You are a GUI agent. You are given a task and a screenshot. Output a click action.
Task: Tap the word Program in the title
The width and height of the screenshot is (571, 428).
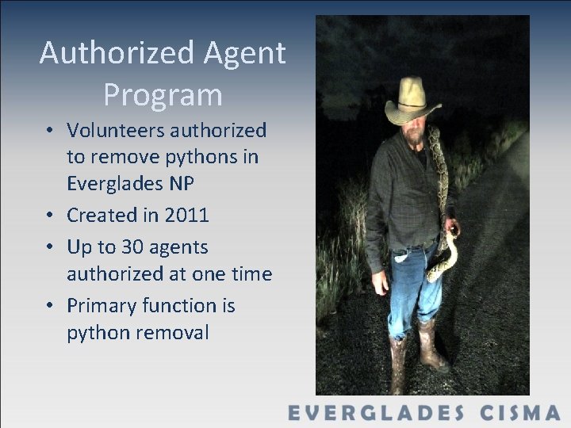tap(163, 95)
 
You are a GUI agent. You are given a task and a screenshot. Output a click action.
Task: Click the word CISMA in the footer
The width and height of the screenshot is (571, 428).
tap(519, 412)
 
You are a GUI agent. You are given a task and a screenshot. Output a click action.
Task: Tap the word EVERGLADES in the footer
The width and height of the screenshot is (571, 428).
tap(376, 412)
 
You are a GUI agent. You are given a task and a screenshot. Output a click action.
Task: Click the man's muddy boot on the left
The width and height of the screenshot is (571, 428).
tap(398, 365)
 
